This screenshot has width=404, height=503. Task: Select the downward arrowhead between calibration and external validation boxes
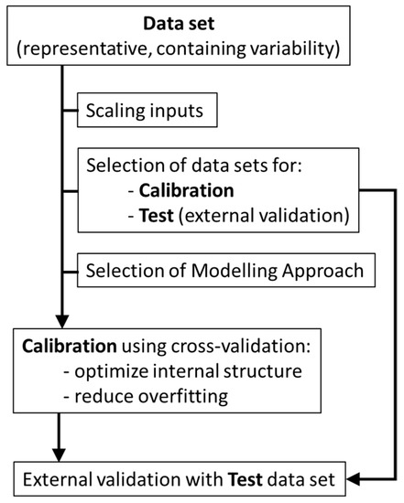(x=60, y=454)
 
